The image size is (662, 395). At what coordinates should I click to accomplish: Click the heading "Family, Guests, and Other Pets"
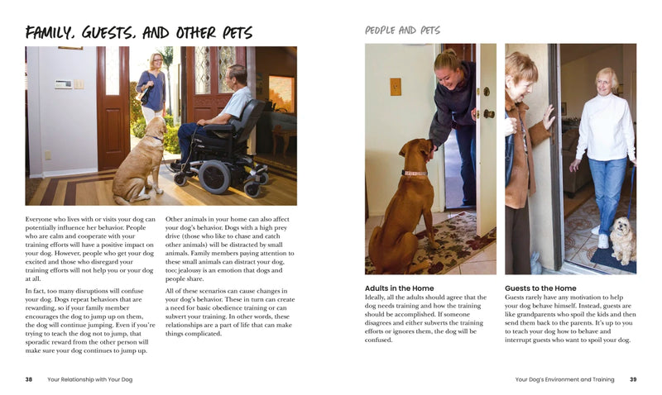[x=139, y=33]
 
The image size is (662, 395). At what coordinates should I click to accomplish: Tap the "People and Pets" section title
[x=402, y=31]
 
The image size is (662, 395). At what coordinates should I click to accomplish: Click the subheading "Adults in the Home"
[x=400, y=288]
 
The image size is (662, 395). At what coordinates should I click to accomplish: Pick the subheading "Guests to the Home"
[x=540, y=288]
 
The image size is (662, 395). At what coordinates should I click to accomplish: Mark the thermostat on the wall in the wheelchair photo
[x=62, y=83]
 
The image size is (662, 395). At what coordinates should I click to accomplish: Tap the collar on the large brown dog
[x=413, y=174]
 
